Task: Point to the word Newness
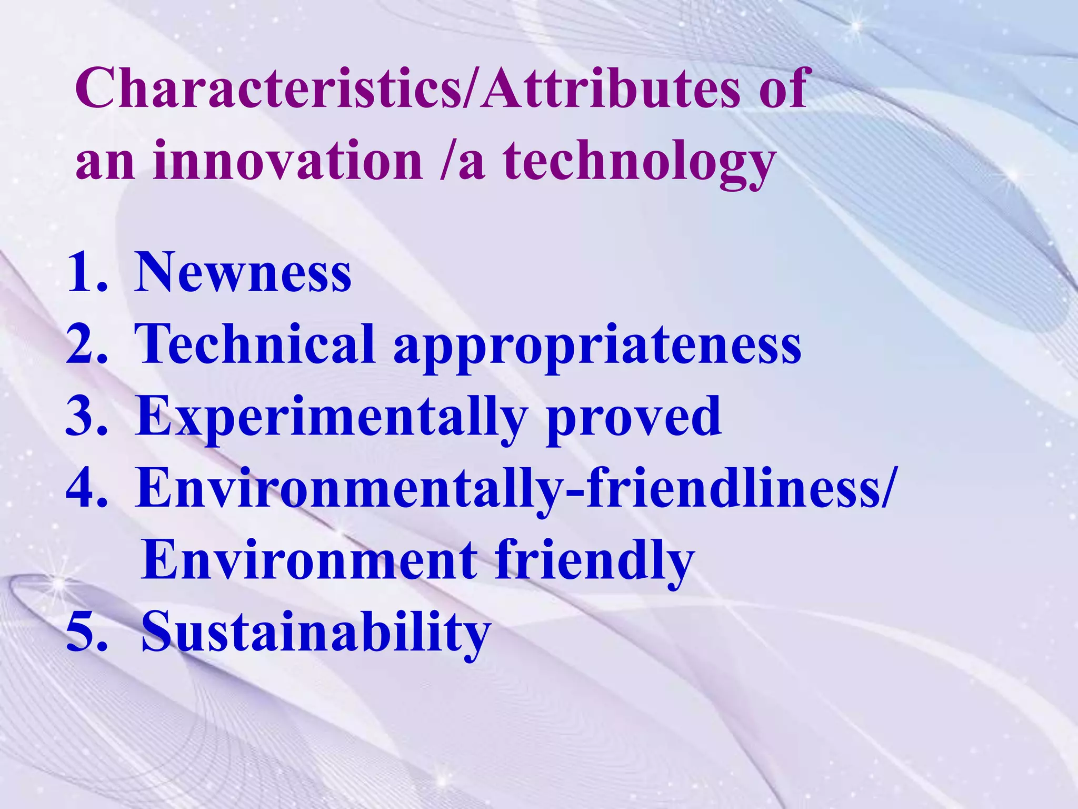[243, 272]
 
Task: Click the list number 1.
[87, 272]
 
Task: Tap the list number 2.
[87, 344]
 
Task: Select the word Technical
[255, 344]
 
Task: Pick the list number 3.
[87, 417]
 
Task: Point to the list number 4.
[87, 489]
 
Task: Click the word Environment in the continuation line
[310, 560]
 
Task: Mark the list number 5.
[87, 632]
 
